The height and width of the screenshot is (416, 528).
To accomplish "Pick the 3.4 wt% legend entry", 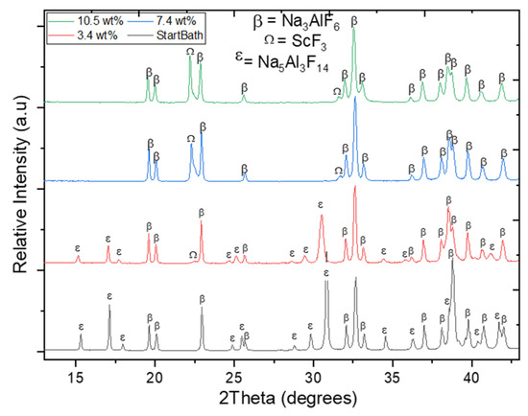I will tap(89, 33).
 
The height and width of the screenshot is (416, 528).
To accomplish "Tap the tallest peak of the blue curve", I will tap(355, 100).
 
